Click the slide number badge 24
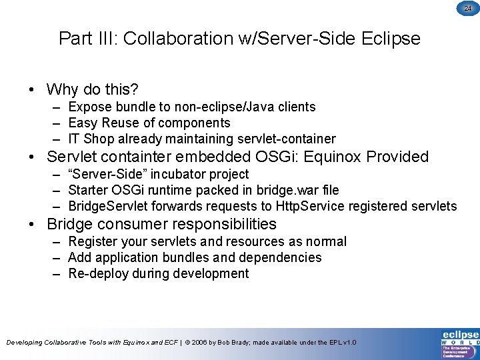point(467,8)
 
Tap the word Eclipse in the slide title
point(391,39)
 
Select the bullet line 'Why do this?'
point(93,89)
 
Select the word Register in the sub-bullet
point(92,241)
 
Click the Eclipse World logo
point(460,343)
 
